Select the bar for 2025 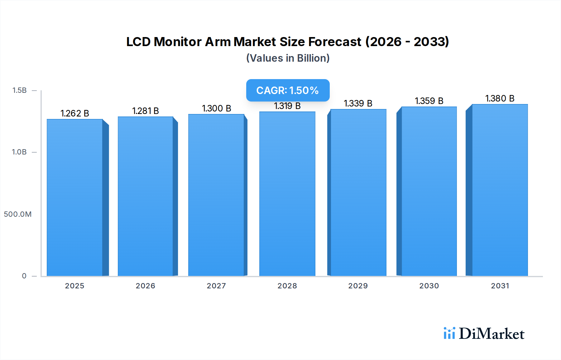(x=75, y=198)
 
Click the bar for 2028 (x=287, y=194)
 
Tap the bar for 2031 (x=500, y=190)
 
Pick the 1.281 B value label (x=146, y=111)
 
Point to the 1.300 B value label (x=217, y=108)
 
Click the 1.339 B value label (x=358, y=103)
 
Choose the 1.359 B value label (x=429, y=101)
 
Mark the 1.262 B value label (x=75, y=113)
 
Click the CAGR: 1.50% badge (x=288, y=90)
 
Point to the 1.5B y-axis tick (x=19, y=90)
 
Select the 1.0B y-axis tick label (x=19, y=152)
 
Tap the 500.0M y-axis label (x=18, y=214)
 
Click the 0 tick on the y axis (x=24, y=276)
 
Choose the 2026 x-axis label (x=145, y=286)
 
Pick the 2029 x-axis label (x=358, y=286)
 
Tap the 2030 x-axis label (x=429, y=286)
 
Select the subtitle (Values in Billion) (x=288, y=58)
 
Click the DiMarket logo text (x=491, y=334)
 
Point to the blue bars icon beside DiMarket (x=449, y=333)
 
